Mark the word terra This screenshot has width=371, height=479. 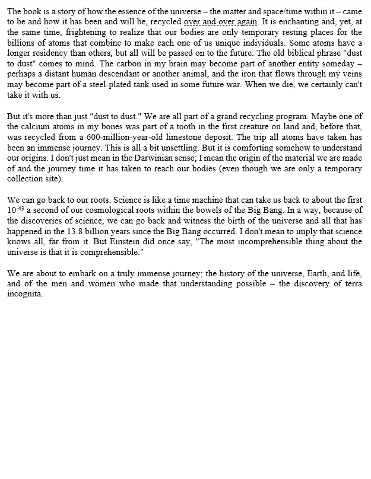[x=350, y=285]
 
